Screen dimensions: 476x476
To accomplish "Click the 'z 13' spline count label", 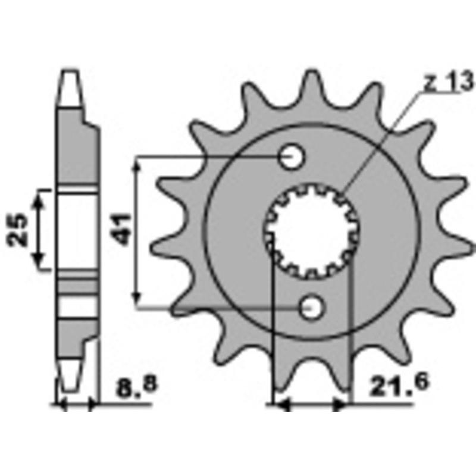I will click(x=447, y=83).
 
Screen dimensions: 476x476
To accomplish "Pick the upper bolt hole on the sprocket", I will click(x=292, y=158).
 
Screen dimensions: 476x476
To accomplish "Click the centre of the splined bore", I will click(x=311, y=233).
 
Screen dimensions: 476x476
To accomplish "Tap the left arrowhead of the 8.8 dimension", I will click(x=61, y=406).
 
